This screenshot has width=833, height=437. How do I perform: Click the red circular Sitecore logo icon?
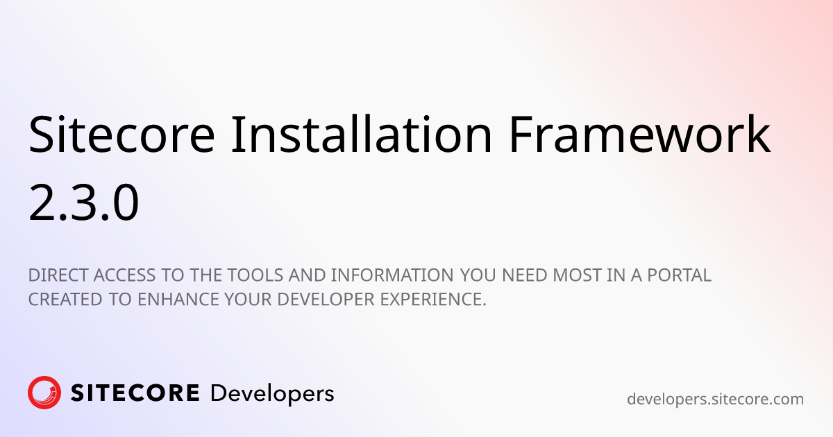44,393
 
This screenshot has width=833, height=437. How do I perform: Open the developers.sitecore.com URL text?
715,400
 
